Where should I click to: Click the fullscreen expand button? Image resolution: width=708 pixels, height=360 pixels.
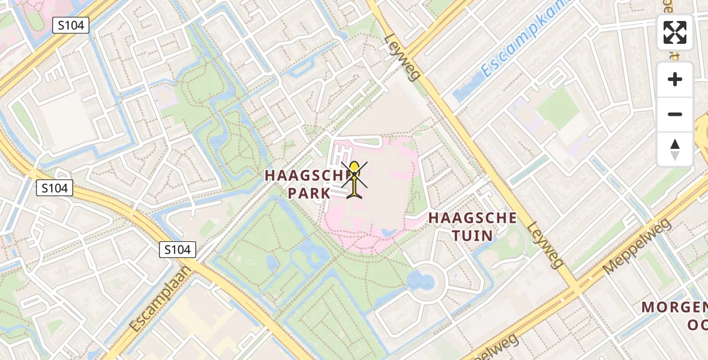tap(675, 32)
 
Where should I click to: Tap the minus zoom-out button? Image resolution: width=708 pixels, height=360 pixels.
tap(675, 114)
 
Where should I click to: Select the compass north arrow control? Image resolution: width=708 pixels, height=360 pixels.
tap(675, 149)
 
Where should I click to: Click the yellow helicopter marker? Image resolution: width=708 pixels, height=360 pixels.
tap(355, 178)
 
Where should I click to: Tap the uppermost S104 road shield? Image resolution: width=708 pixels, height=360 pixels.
tap(70, 25)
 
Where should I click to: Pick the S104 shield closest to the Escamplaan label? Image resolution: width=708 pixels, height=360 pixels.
tap(178, 250)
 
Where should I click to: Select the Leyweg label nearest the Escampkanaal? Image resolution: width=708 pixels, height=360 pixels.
tap(403, 57)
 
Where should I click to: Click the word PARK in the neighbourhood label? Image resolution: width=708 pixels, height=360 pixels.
tap(309, 193)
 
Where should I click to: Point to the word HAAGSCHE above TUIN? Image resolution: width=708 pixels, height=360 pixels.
tap(472, 218)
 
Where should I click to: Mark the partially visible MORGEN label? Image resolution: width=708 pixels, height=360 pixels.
tap(674, 307)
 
